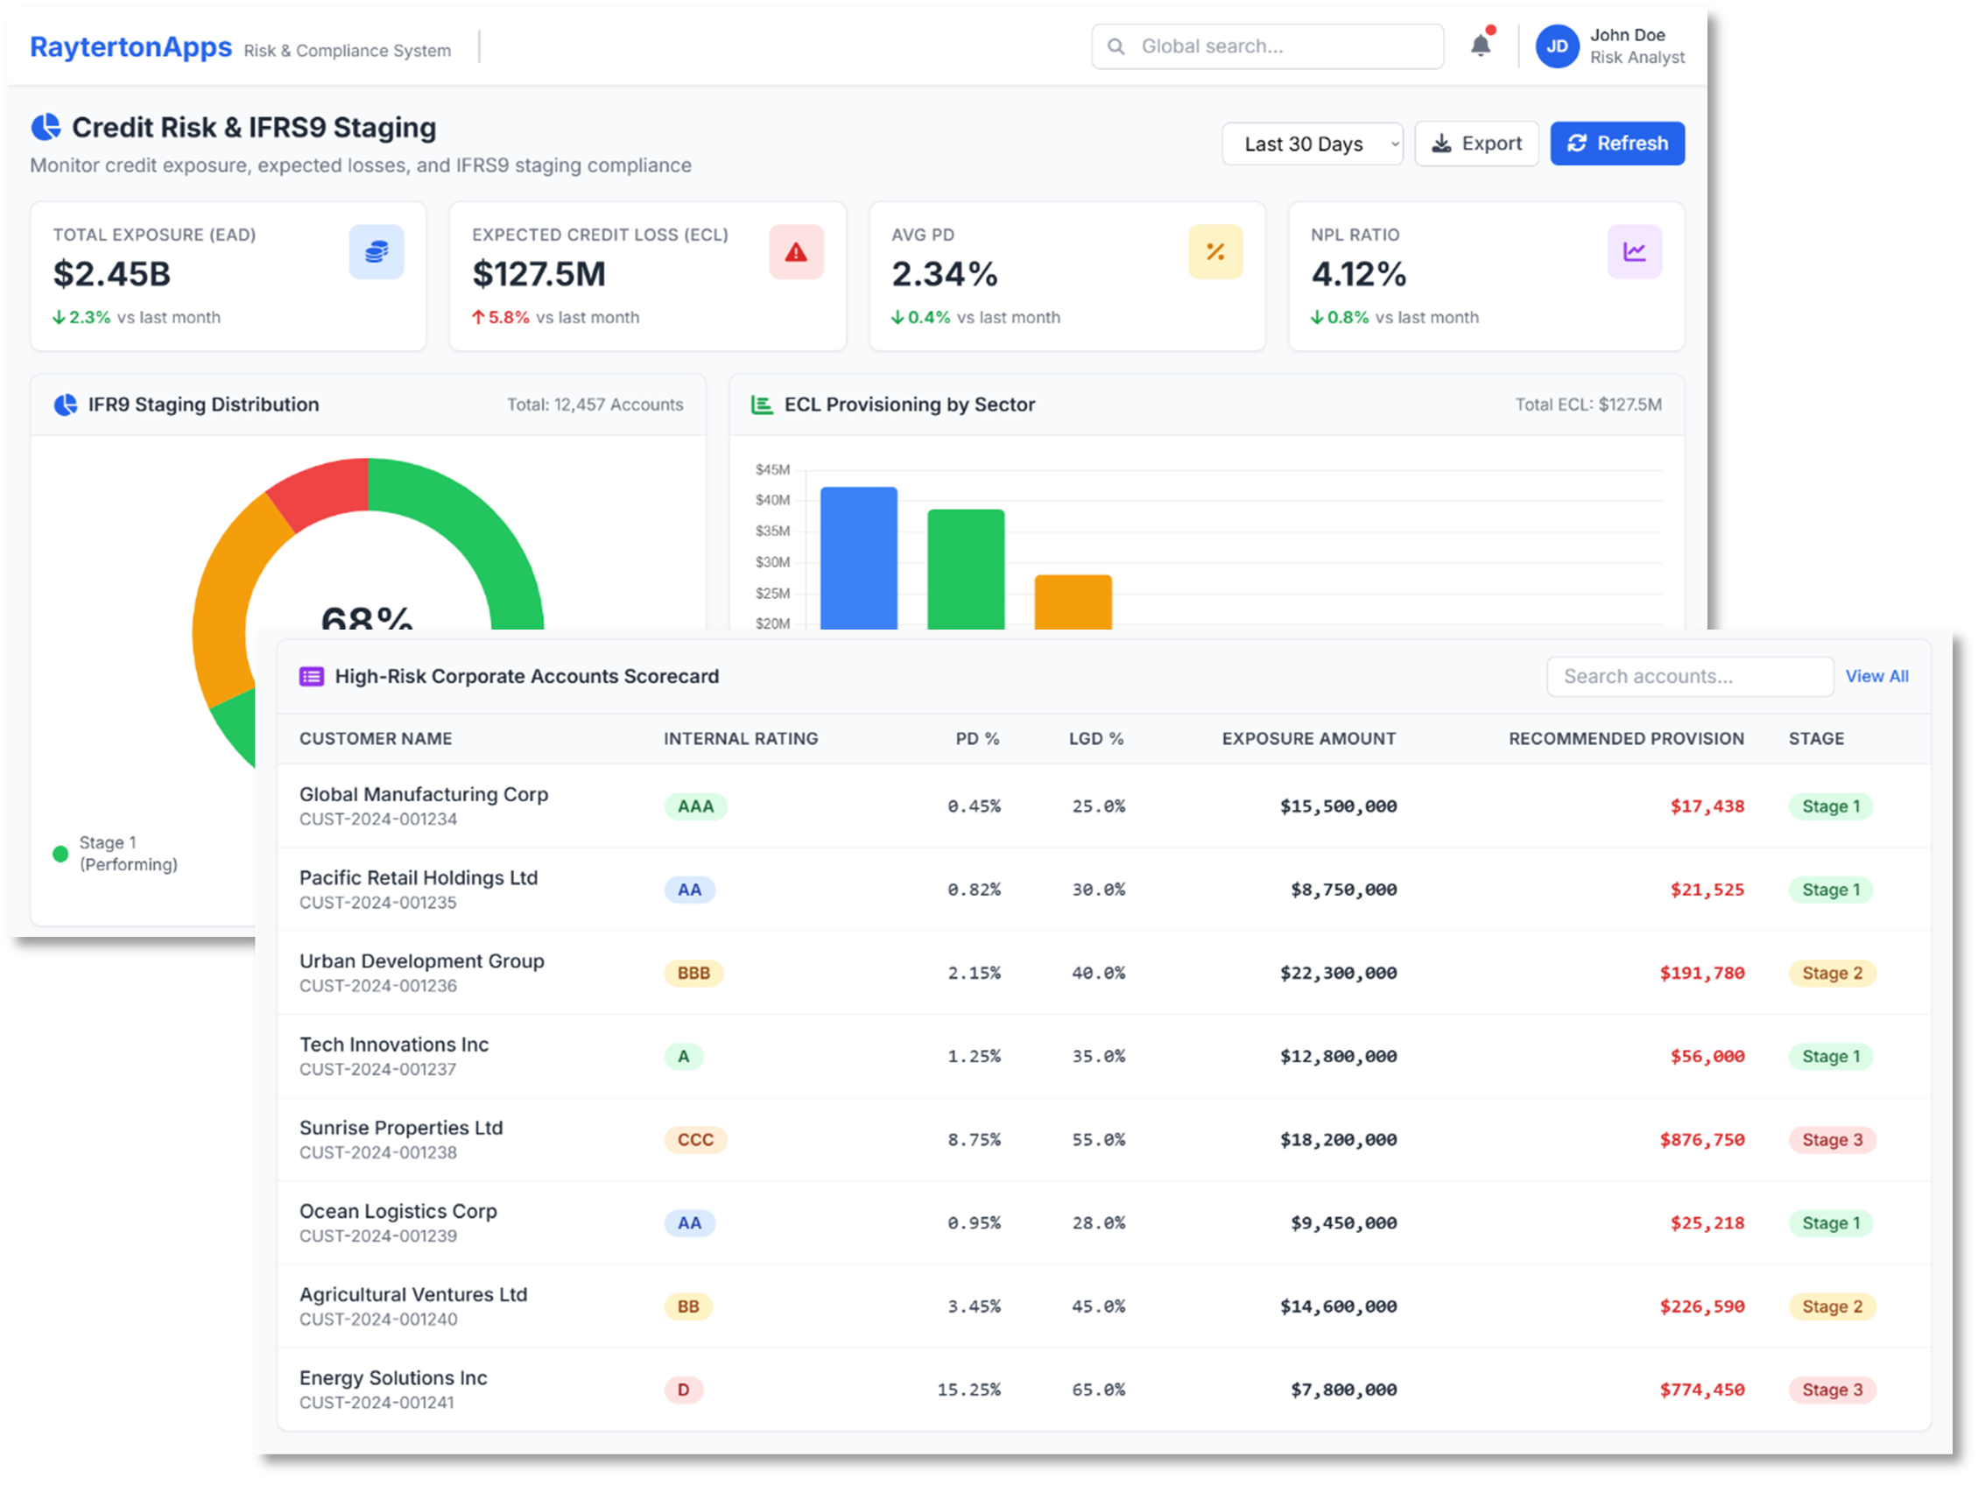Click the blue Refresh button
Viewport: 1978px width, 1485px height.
[x=1616, y=144]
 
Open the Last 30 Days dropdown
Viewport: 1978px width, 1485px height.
[x=1312, y=144]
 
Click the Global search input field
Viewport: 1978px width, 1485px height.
[x=1267, y=46]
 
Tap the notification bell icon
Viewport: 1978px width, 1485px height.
[x=1481, y=46]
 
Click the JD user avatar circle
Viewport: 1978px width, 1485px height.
[x=1557, y=46]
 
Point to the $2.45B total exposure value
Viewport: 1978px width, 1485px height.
[x=112, y=273]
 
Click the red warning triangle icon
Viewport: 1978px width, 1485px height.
[x=796, y=252]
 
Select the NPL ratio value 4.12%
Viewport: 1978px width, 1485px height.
[x=1358, y=273]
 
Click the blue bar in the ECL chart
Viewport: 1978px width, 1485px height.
[x=858, y=558]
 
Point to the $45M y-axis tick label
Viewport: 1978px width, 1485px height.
[x=772, y=469]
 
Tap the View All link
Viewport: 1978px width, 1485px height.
[x=1876, y=677]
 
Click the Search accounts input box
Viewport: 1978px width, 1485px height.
[x=1689, y=677]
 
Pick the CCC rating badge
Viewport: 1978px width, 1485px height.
[x=696, y=1140]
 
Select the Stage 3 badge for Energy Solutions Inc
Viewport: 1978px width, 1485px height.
[x=1832, y=1390]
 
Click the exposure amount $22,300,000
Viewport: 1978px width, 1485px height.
[x=1338, y=974]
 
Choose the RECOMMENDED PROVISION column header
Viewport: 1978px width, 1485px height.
[x=1626, y=738]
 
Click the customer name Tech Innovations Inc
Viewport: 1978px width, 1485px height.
[x=394, y=1045]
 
